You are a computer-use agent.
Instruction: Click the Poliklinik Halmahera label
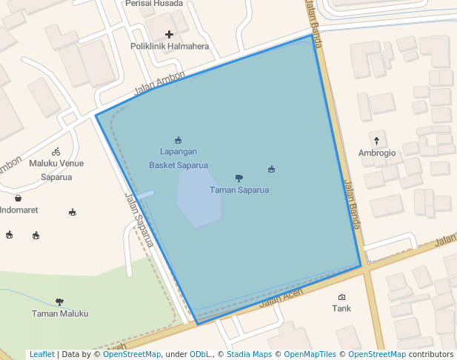click(170, 46)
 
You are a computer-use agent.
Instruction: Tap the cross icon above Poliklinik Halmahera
click(170, 34)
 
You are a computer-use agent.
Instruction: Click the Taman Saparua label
click(238, 190)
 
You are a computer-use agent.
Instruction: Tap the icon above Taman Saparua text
click(238, 178)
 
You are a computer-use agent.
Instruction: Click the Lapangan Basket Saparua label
click(178, 159)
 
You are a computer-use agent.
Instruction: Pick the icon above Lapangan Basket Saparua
click(178, 140)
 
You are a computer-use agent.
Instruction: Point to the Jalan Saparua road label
click(139, 219)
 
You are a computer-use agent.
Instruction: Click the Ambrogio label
click(377, 153)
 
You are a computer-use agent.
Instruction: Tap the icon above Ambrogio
click(376, 140)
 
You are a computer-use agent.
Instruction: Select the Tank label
click(341, 308)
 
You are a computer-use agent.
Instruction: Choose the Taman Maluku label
click(59, 313)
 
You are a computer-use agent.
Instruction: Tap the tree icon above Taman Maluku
click(59, 301)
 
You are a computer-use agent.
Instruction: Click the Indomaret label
click(19, 210)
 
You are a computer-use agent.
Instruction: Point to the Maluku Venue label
click(56, 163)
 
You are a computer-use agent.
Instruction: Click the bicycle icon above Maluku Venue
click(56, 151)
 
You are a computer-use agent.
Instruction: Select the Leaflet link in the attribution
click(41, 354)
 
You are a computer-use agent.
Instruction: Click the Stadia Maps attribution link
click(249, 354)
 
